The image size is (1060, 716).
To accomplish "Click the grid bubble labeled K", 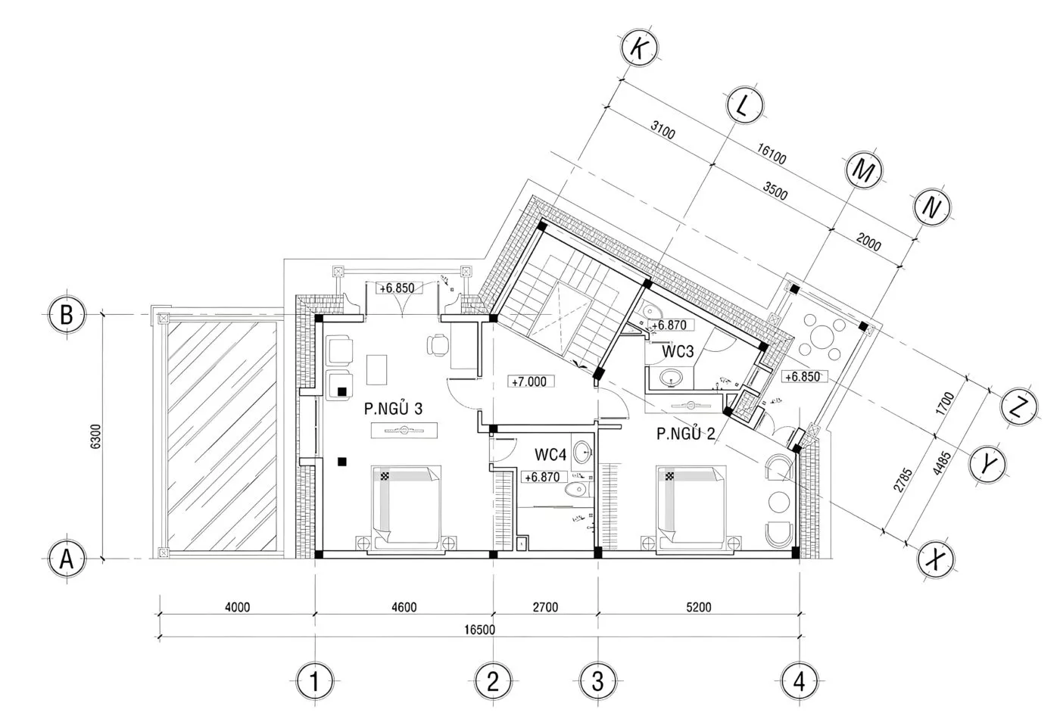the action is click(x=639, y=48).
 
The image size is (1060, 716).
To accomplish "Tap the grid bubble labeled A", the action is click(x=67, y=559).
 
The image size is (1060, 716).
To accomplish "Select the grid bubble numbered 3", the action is click(x=597, y=681).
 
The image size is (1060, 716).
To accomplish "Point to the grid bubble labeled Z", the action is click(x=1019, y=406).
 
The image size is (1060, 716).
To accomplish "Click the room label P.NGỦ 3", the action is click(x=393, y=408).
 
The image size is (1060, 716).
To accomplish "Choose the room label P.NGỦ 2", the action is click(x=686, y=433).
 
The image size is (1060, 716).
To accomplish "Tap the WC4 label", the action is click(x=550, y=454).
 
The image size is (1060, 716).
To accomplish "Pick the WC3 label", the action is click(x=678, y=351).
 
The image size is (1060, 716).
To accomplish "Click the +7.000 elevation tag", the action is click(x=529, y=381).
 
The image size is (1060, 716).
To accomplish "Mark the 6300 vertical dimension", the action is click(x=95, y=436).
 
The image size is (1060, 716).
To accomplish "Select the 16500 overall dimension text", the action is click(x=479, y=630).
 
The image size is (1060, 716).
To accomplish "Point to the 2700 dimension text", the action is click(x=545, y=607).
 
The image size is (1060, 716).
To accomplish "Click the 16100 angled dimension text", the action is click(x=772, y=154).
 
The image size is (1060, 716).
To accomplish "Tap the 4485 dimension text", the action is click(x=942, y=463).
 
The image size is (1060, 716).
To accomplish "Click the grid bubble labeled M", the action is click(x=864, y=170).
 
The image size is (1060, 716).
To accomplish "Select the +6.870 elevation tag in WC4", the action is click(x=543, y=477).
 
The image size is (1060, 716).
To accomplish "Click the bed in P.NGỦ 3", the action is click(x=406, y=509).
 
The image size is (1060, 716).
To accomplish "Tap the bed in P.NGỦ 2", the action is click(x=691, y=509).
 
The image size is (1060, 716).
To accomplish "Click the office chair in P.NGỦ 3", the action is click(x=438, y=345).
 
